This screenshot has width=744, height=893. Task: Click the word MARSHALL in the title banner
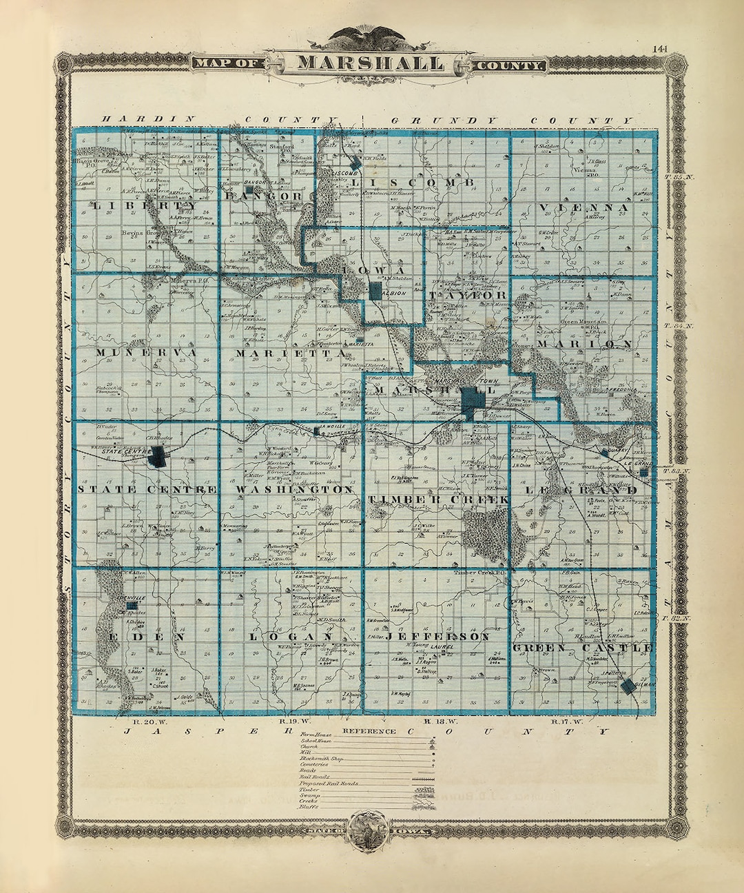(371, 63)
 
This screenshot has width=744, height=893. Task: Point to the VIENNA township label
(583, 207)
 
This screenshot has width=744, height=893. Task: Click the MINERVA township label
(146, 353)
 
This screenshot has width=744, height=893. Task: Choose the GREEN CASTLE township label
(583, 648)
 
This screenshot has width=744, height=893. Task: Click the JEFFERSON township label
(437, 637)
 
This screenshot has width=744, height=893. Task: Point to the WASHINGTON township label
(294, 489)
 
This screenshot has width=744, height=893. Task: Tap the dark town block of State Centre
(159, 455)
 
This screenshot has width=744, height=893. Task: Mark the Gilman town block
(628, 686)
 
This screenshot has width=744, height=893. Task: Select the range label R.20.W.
(143, 721)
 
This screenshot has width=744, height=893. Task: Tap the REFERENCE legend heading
(369, 731)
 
